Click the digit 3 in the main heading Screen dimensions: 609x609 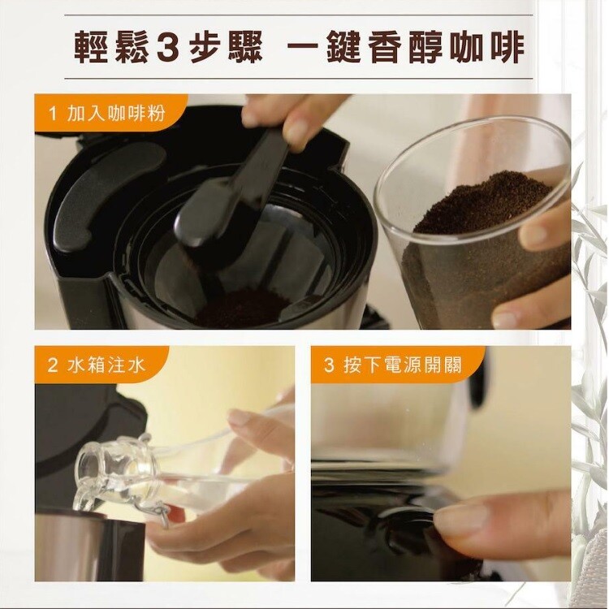[168, 47]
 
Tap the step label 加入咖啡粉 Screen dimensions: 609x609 [116, 114]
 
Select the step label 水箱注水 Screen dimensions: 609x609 [106, 365]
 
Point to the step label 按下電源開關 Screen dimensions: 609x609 [403, 365]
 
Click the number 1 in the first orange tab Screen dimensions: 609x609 [53, 114]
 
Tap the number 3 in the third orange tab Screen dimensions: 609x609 [329, 365]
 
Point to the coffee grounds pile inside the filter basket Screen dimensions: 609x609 [243, 308]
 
